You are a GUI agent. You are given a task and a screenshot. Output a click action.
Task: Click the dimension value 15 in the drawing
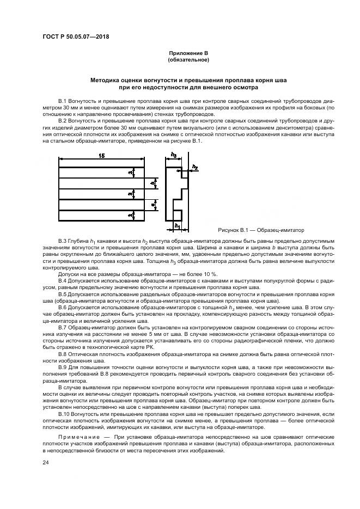[x=101, y=156]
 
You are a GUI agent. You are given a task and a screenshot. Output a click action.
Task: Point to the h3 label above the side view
[x=173, y=155]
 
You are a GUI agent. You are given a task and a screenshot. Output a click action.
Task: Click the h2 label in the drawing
[x=195, y=167]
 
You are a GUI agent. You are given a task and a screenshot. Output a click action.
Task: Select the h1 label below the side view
[x=176, y=224]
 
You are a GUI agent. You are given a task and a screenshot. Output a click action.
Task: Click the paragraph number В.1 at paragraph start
[x=62, y=102]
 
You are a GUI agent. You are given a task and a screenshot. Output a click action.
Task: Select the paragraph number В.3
[x=62, y=241]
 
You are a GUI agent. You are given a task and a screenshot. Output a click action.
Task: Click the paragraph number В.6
[x=62, y=306]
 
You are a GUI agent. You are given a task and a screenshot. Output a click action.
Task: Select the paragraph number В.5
[x=62, y=294]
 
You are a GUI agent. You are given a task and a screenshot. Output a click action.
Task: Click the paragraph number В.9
[x=62, y=367]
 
